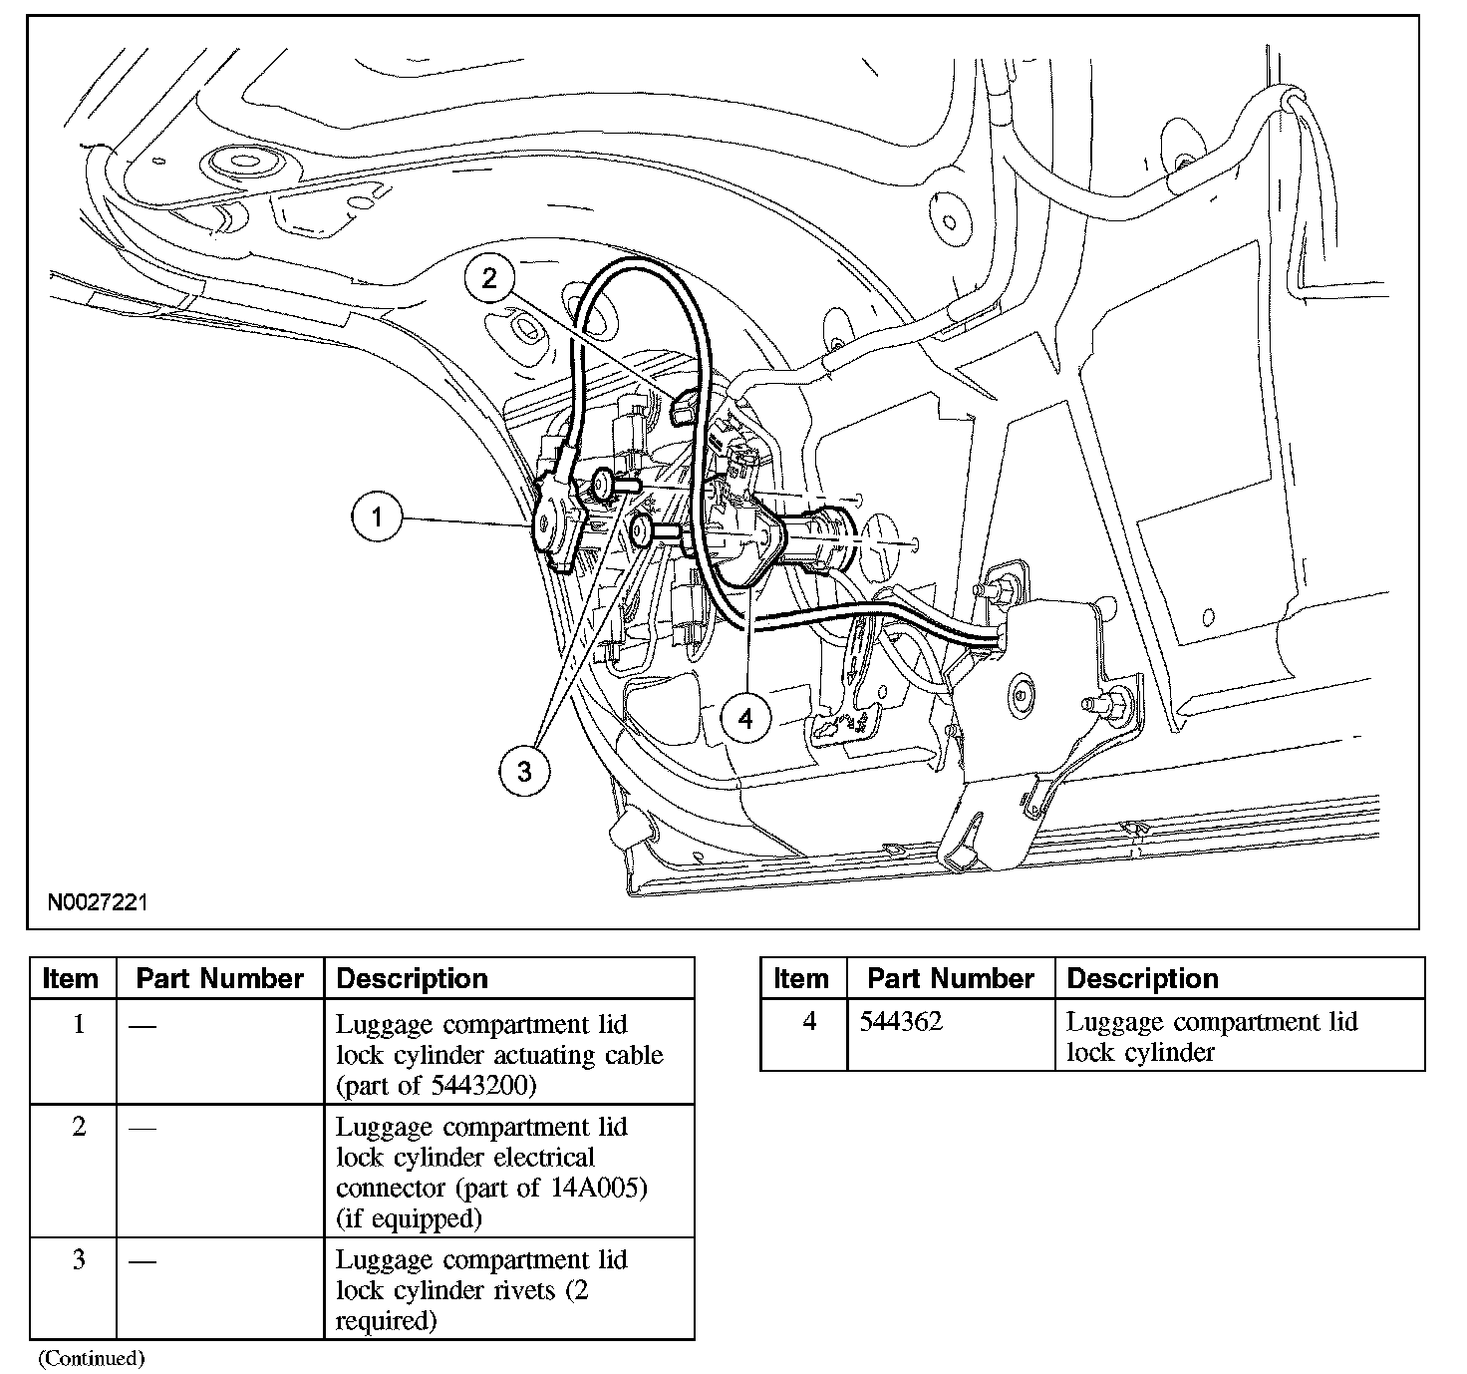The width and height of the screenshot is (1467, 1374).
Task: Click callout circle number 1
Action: coord(377,517)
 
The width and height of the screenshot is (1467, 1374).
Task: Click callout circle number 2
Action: coord(488,278)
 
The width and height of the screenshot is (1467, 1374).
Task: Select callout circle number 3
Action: coord(524,770)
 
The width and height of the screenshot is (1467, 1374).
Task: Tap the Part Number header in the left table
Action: coord(219,978)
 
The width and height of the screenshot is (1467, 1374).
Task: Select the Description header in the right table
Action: coord(1142,978)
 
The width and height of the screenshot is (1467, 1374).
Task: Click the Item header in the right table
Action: coord(801,978)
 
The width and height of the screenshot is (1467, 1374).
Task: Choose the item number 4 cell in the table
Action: coord(809,1022)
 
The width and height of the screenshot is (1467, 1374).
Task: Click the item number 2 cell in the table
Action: coord(79,1127)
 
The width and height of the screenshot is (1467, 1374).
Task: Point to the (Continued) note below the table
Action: coord(92,1357)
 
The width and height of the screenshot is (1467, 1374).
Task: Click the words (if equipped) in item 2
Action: coord(409,1218)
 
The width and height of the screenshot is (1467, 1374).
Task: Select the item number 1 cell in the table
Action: coord(79,1025)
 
